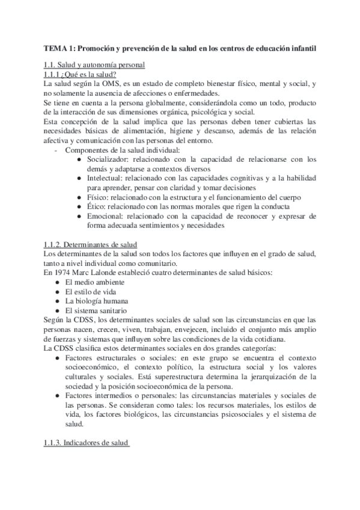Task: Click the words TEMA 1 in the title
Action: [58, 48]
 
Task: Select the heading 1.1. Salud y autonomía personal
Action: [94, 65]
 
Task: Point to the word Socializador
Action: [108, 159]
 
